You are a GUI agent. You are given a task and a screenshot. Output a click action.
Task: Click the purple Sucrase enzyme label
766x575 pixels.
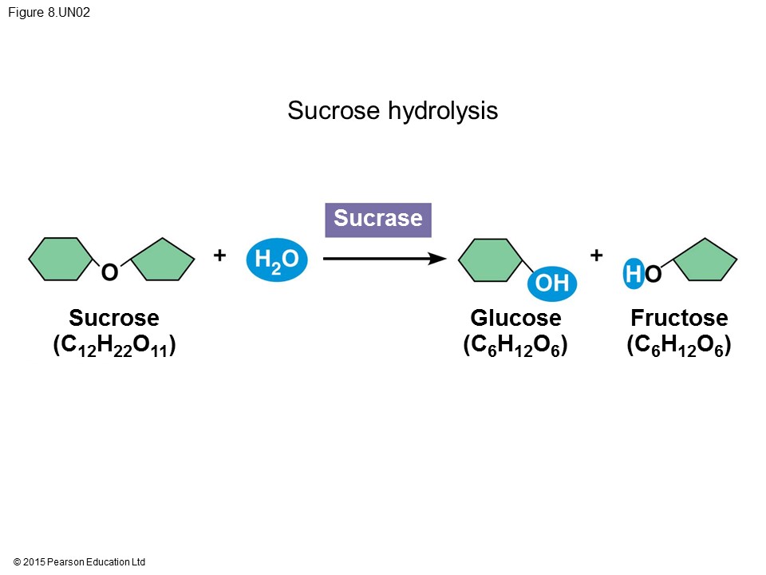378,220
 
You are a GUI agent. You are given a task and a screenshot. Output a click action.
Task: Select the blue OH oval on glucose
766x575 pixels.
551,283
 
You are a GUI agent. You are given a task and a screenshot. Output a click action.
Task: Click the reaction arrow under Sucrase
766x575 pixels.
383,258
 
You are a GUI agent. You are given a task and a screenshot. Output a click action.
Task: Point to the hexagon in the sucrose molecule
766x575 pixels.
61,259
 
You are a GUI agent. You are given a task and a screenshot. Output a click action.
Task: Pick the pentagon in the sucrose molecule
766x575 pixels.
163,260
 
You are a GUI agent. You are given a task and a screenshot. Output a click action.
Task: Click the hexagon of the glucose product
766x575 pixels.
490,260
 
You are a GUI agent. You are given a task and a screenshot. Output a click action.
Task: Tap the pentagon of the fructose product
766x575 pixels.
705,260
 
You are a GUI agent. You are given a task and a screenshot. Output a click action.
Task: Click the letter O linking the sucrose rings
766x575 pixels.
109,273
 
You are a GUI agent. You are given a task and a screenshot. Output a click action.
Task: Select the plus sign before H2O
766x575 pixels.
219,256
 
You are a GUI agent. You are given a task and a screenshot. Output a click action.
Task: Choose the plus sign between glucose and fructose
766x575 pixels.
596,256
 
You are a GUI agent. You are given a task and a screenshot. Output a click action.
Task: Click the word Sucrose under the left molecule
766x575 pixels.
114,318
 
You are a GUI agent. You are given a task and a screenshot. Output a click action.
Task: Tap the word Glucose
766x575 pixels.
515,318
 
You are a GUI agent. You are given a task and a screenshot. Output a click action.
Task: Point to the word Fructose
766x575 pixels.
679,318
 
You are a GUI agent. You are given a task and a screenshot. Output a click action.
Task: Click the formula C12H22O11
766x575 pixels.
114,346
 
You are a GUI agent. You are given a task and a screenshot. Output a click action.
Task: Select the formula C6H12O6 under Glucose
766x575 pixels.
515,346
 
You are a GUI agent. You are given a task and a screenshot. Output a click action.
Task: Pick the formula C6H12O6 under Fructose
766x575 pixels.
679,346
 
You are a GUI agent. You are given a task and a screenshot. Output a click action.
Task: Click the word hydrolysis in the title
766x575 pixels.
442,111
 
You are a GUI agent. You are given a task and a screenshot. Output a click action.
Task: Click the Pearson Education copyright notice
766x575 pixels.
80,562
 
